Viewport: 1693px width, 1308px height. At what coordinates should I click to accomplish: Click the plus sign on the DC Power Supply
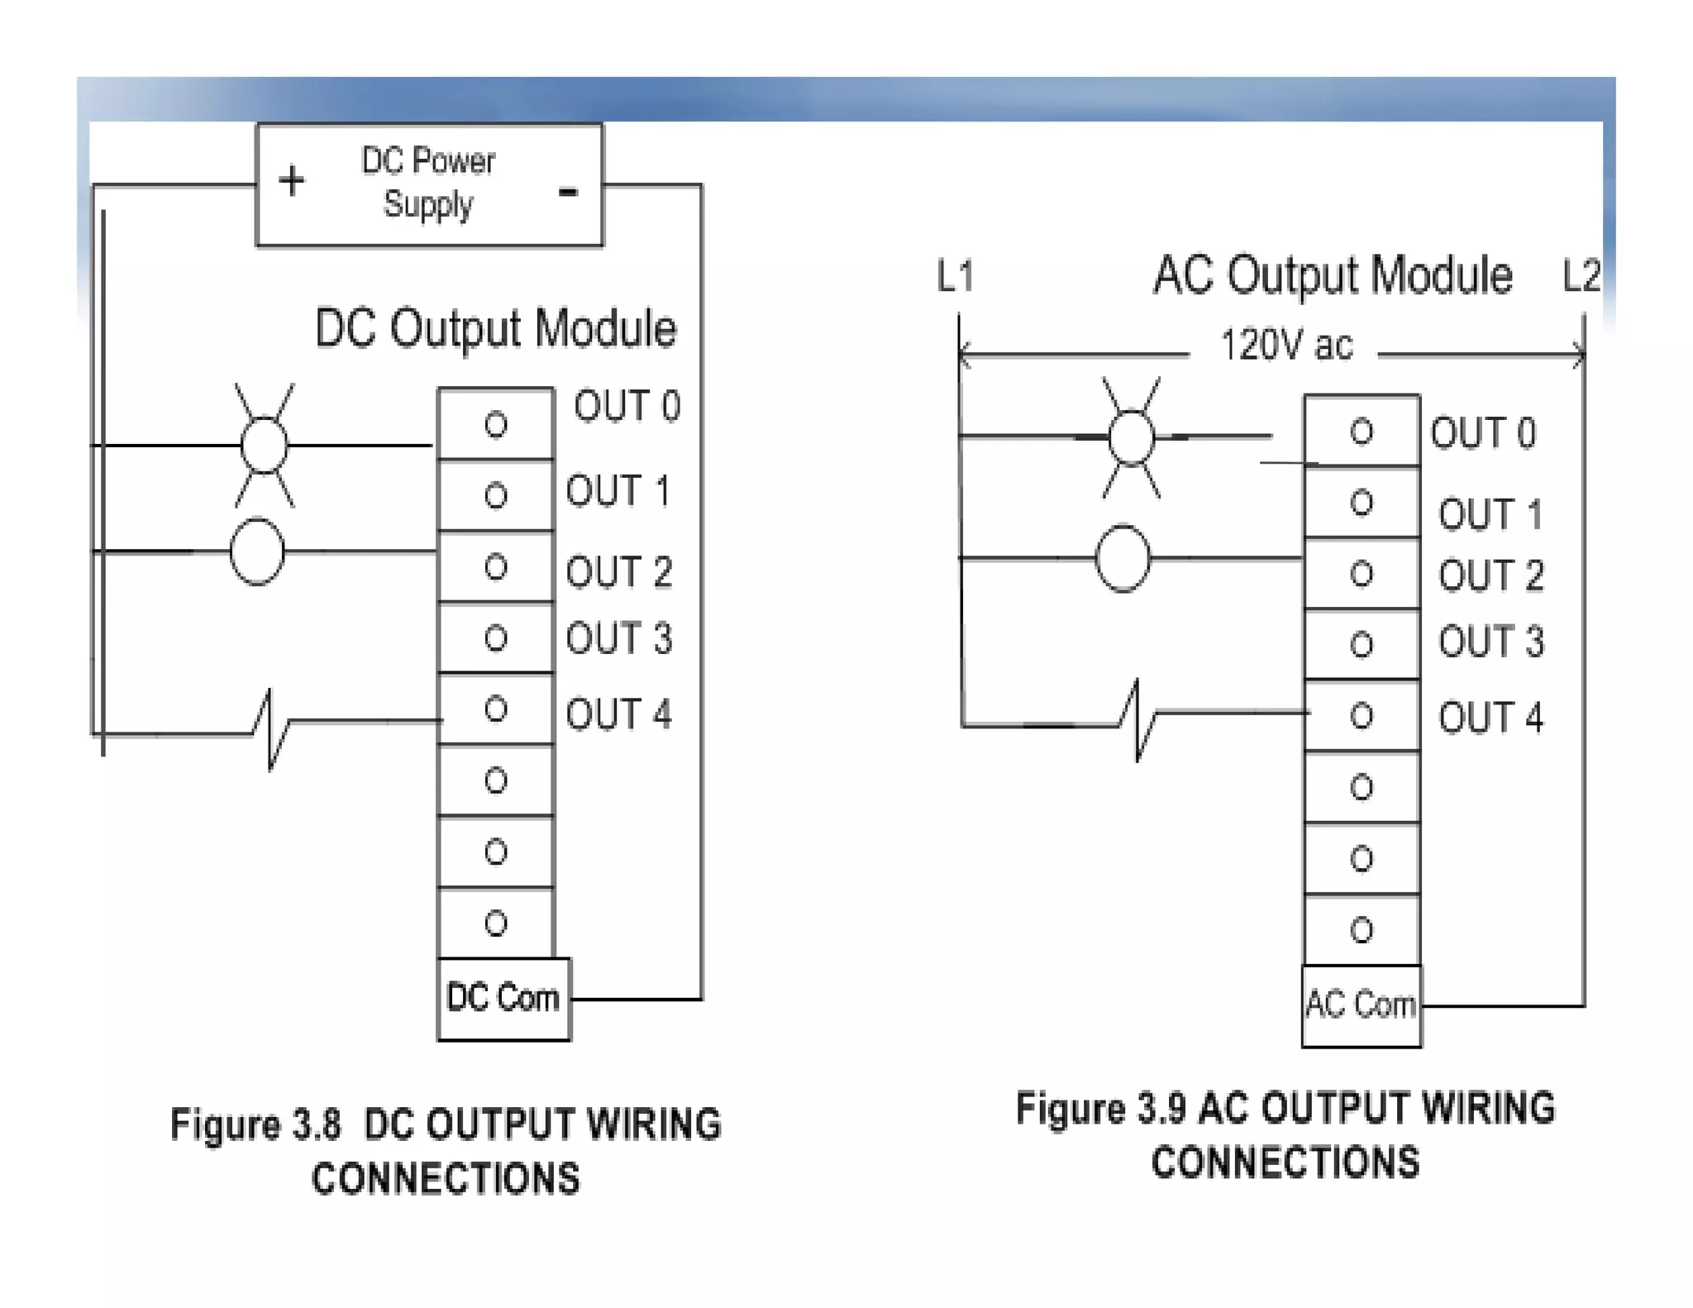(291, 181)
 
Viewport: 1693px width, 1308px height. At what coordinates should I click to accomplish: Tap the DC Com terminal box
(503, 998)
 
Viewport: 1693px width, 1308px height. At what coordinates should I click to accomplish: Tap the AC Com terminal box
(1361, 1005)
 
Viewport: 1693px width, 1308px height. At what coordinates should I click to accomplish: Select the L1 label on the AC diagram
(956, 276)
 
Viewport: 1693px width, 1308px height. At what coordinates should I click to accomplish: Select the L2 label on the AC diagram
(1581, 276)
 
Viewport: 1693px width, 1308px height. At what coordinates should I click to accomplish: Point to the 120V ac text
(1286, 346)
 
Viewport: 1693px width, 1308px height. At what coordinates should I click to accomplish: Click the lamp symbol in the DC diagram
(265, 446)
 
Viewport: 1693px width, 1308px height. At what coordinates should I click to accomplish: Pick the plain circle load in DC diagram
(257, 551)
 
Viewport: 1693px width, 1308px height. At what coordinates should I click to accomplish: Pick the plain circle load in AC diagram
(1123, 559)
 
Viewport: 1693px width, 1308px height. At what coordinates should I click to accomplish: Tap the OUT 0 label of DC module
(627, 406)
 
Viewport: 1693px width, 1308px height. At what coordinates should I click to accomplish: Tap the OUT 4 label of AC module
(1490, 718)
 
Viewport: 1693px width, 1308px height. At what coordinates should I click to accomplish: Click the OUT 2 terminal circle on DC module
(496, 567)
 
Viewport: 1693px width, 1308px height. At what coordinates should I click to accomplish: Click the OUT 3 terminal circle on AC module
(1362, 644)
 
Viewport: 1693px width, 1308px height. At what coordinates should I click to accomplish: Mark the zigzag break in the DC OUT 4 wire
(271, 731)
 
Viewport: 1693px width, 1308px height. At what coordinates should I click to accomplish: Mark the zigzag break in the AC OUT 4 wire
(1137, 721)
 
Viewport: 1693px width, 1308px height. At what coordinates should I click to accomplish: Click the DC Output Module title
(495, 329)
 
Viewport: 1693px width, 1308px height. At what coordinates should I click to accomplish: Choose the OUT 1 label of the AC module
(1490, 514)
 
